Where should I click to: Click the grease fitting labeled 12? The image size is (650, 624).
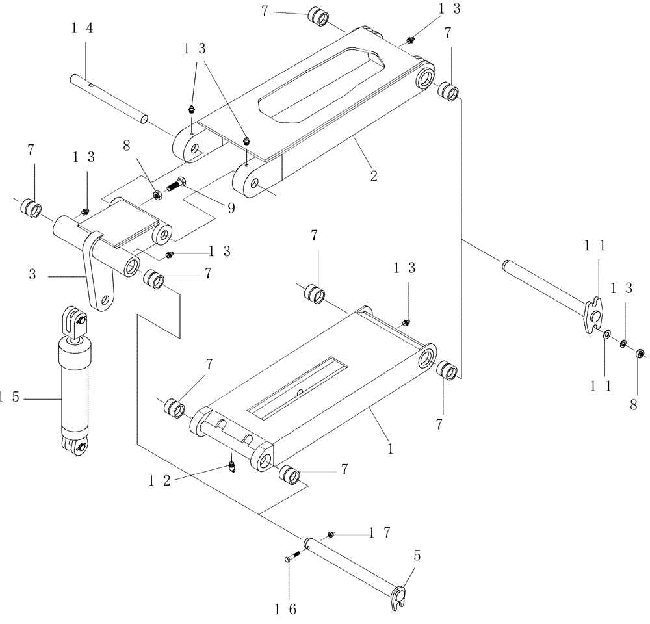coord(232,467)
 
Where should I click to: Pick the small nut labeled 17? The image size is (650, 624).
coord(331,534)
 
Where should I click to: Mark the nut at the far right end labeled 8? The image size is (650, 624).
coord(638,354)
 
